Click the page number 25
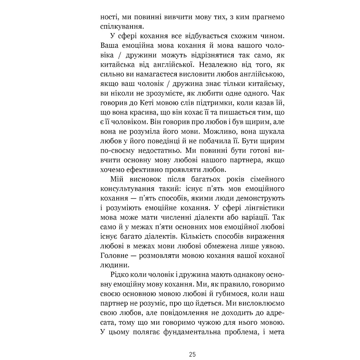pyautogui.click(x=192, y=354)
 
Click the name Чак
pyautogui.click(x=278, y=94)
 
